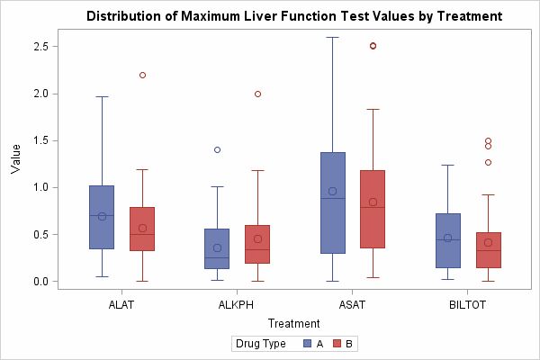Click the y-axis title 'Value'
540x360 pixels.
(x=15, y=157)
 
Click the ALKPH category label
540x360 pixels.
(x=237, y=304)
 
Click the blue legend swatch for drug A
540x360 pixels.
(x=307, y=344)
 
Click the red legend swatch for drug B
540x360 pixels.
(x=337, y=344)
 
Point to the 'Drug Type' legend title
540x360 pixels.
(x=260, y=344)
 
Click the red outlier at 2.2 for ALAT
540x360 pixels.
(x=142, y=75)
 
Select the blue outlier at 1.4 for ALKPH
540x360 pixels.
(x=217, y=149)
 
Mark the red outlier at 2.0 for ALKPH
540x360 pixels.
(x=257, y=94)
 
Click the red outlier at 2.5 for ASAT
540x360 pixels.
(x=373, y=46)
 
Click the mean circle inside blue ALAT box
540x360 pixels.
(x=102, y=216)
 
